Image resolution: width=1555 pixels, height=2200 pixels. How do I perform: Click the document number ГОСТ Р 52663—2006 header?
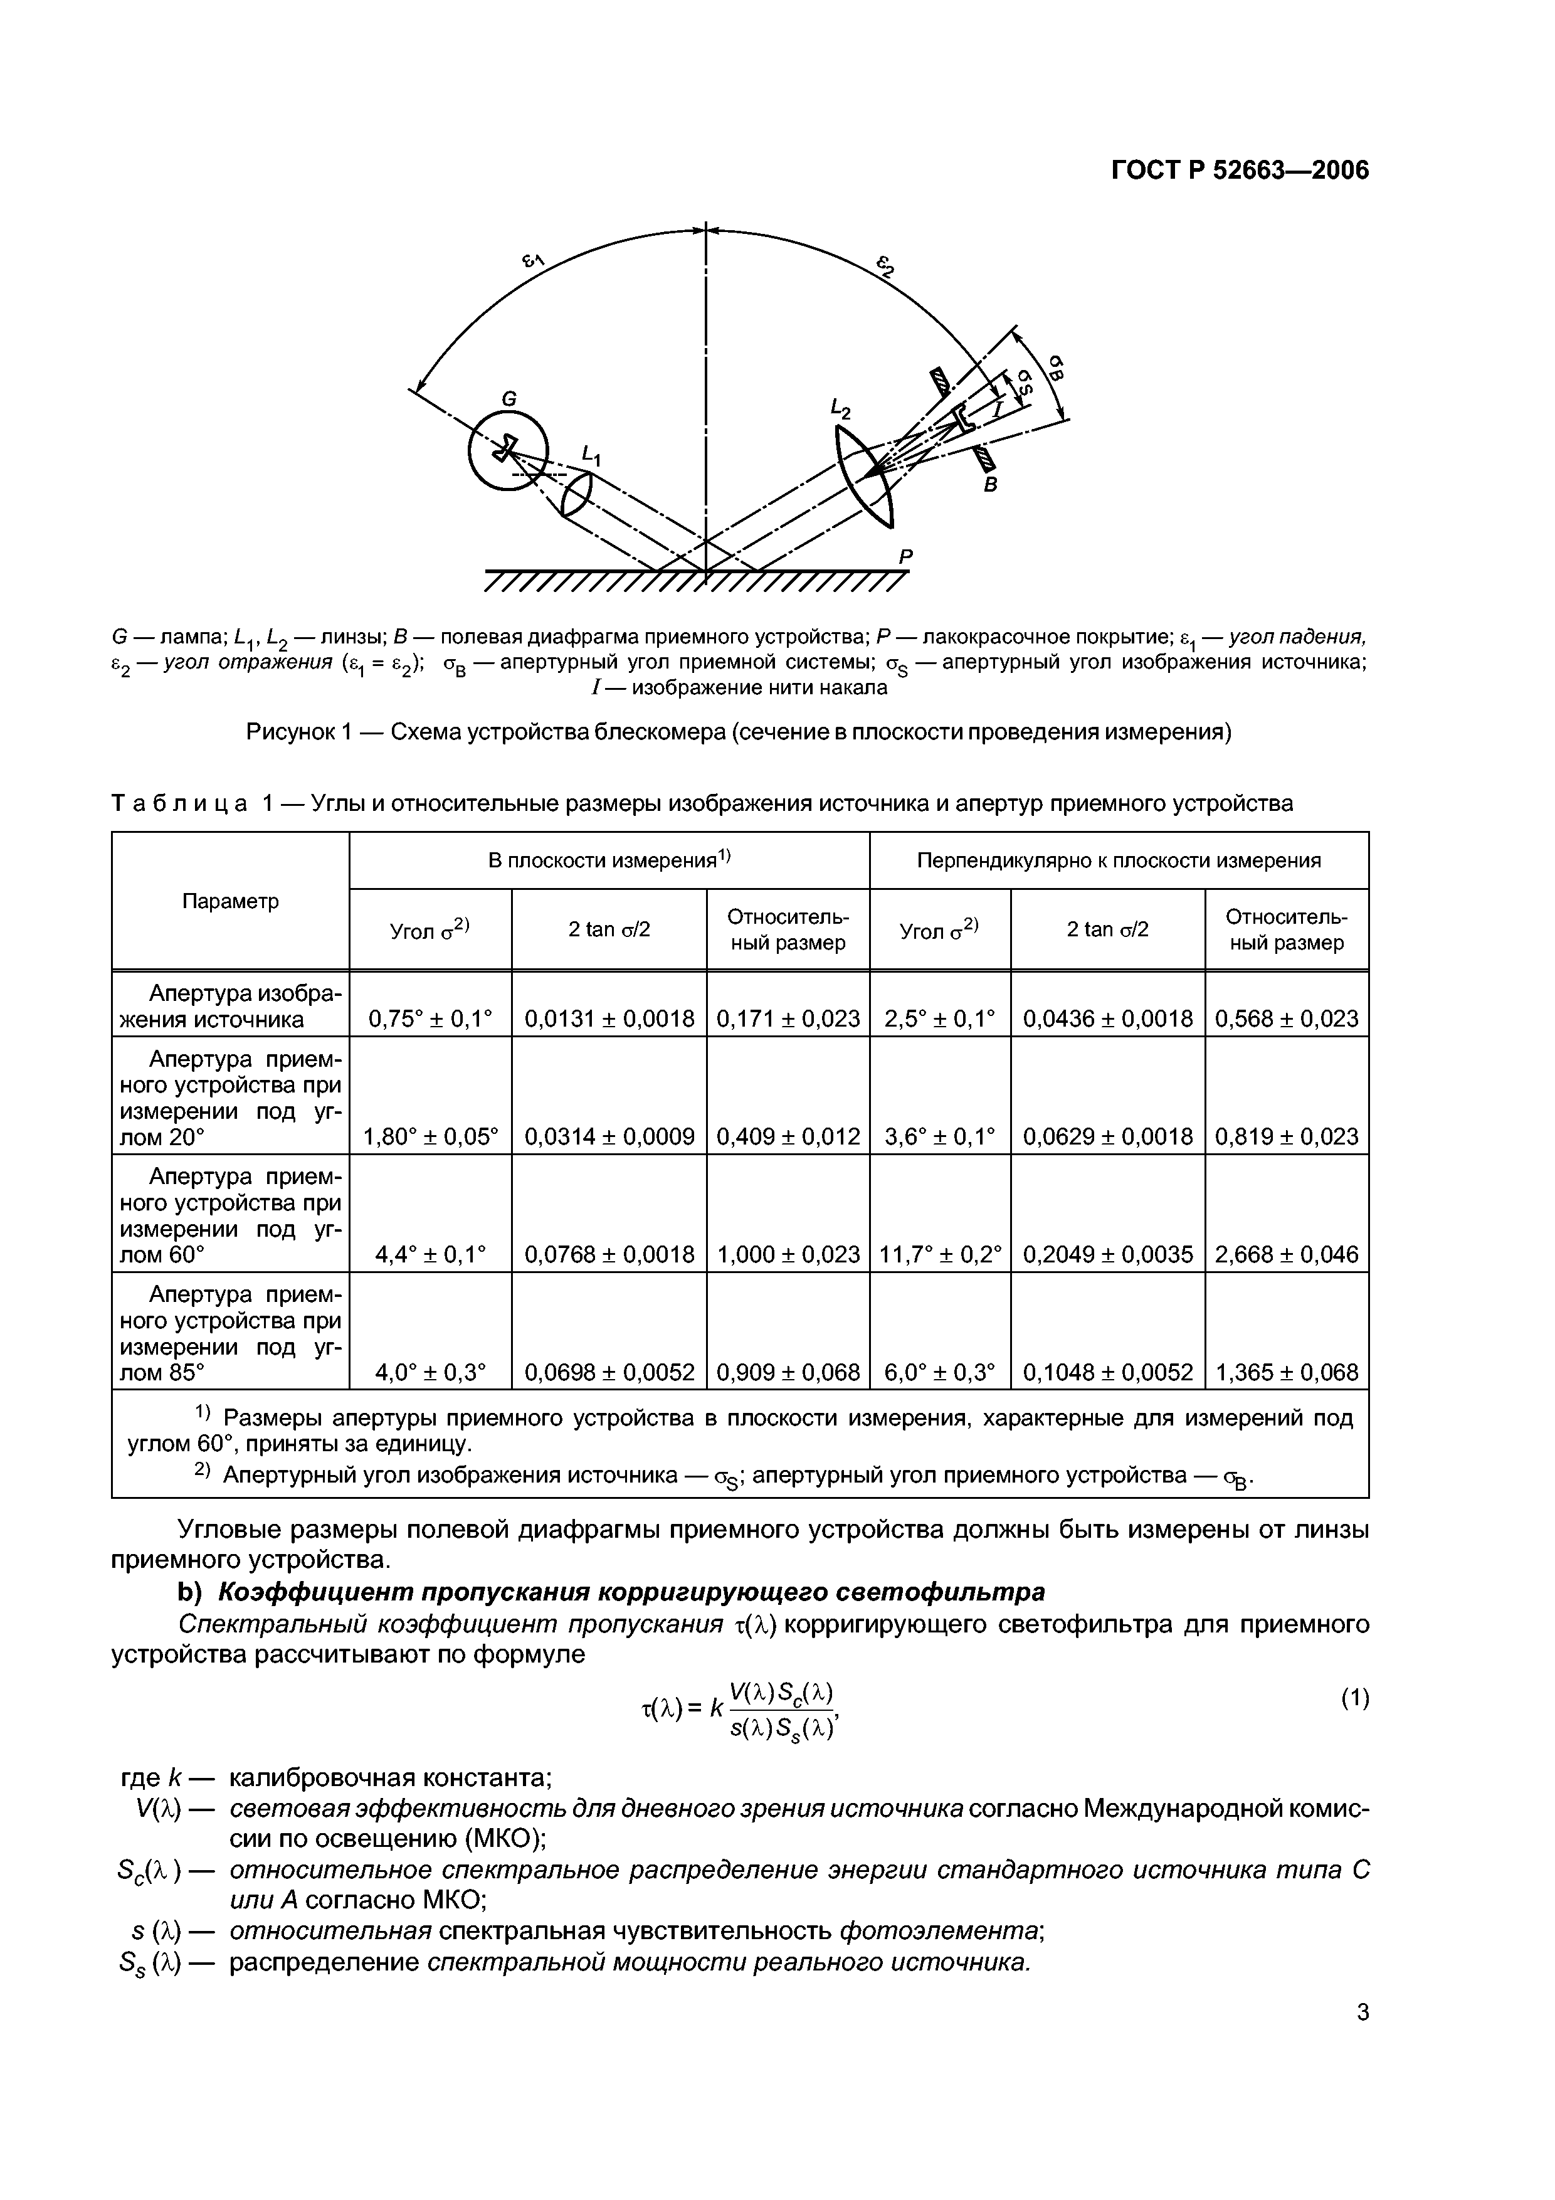(1240, 171)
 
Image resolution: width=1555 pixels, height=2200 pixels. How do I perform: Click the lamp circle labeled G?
(508, 450)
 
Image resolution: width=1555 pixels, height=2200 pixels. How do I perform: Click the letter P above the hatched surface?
(905, 556)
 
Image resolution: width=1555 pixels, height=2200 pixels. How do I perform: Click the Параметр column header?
(230, 901)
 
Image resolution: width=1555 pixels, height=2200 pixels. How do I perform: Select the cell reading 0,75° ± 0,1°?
(430, 1018)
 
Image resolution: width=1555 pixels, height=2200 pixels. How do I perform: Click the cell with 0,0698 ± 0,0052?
(609, 1372)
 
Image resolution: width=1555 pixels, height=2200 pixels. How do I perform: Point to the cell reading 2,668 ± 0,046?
(1286, 1254)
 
